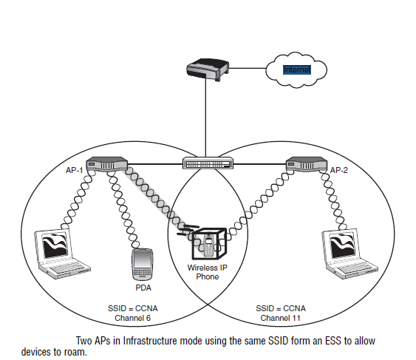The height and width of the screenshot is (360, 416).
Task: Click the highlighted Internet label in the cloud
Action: (x=297, y=69)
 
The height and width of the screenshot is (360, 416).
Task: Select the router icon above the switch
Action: (x=208, y=69)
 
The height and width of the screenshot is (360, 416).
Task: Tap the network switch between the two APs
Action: (x=208, y=163)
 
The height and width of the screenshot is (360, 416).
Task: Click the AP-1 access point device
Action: (x=107, y=163)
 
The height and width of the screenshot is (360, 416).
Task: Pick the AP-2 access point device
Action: (x=307, y=163)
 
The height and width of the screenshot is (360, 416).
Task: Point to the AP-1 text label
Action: (x=75, y=170)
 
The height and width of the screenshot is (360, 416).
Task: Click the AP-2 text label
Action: (x=339, y=170)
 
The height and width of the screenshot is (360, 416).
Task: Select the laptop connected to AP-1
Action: (x=62, y=254)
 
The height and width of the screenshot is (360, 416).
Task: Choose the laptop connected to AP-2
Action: (x=349, y=254)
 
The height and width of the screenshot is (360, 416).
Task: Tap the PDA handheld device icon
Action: (x=143, y=265)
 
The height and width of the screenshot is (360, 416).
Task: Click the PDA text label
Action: (x=143, y=288)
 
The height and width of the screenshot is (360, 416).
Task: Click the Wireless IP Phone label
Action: (x=208, y=272)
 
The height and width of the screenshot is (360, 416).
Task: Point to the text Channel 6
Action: (x=133, y=318)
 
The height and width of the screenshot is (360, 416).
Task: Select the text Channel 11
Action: (x=281, y=318)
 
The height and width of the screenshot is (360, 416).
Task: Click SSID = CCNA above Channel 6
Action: (x=133, y=308)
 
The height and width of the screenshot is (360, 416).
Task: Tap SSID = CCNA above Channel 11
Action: (x=281, y=308)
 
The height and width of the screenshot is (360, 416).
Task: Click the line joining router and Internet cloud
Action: (x=248, y=68)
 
